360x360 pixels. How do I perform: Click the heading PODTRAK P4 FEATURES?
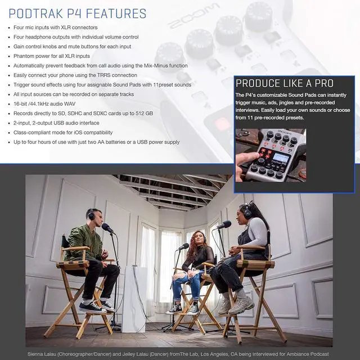pyautogui.click(x=78, y=13)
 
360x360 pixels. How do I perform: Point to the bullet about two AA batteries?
pyautogui.click(x=96, y=142)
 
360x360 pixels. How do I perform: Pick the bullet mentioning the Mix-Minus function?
pyautogui.click(x=101, y=65)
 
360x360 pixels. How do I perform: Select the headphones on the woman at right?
pyautogui.click(x=247, y=211)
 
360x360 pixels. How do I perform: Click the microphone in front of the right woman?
pyautogui.click(x=224, y=225)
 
